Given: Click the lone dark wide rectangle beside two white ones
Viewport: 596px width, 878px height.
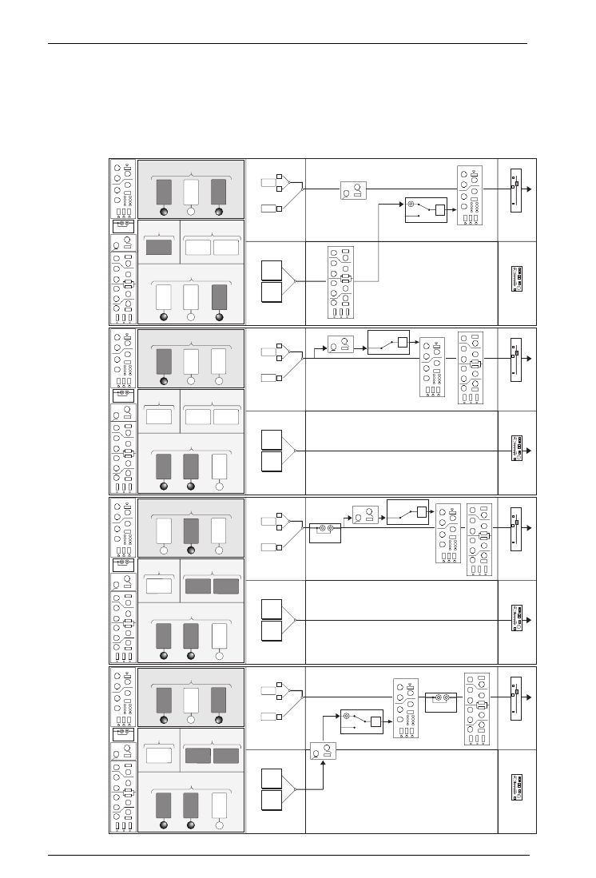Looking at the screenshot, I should pyautogui.click(x=160, y=246).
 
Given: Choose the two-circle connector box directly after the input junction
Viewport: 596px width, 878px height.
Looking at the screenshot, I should pyautogui.click(x=325, y=530).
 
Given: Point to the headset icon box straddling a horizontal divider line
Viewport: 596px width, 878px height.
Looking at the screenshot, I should pyautogui.click(x=323, y=750).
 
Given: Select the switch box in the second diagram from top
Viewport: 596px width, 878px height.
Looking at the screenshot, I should pyautogui.click(x=387, y=342).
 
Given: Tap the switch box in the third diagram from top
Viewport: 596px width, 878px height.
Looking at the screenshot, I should pyautogui.click(x=407, y=511).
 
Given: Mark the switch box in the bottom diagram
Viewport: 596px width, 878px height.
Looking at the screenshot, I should pyautogui.click(x=360, y=721).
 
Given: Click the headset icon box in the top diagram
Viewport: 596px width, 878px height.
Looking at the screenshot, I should pyautogui.click(x=354, y=191).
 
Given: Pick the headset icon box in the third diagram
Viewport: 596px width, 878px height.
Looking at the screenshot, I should pyautogui.click(x=365, y=515).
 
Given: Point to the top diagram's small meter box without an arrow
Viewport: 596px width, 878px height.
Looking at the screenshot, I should pyautogui.click(x=517, y=279).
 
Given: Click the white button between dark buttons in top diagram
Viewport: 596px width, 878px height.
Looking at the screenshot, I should pyautogui.click(x=191, y=192).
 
